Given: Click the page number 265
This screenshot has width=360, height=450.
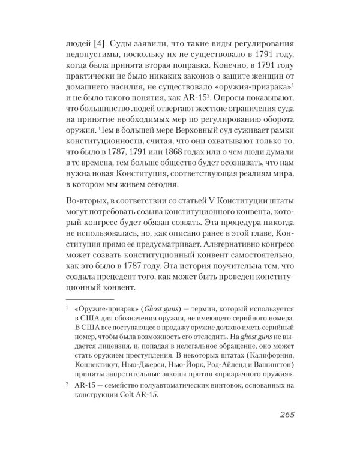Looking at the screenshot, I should coord(283,416).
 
